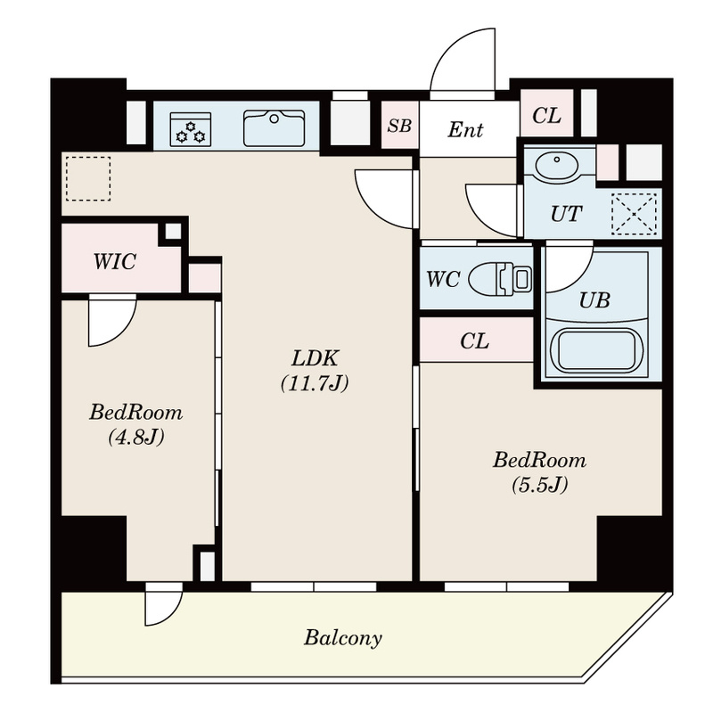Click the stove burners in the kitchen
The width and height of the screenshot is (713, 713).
191,129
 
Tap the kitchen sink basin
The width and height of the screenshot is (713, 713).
275,128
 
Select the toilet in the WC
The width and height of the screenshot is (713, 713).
500,278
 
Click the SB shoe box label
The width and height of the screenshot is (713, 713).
399,126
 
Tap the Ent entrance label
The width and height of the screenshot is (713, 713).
465,130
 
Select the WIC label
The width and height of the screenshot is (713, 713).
115,261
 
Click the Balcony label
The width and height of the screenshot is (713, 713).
343,638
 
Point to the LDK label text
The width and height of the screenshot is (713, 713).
315,358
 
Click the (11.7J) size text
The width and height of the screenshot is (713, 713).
315,383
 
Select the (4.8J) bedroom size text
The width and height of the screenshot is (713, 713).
136,438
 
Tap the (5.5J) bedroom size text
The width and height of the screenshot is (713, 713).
540,485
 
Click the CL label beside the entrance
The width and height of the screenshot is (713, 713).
546,116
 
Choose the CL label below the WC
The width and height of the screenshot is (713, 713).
474,340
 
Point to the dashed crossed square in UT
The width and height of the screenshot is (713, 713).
634,214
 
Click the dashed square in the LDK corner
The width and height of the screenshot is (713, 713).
88,179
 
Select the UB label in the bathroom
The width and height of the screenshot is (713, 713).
594,300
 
